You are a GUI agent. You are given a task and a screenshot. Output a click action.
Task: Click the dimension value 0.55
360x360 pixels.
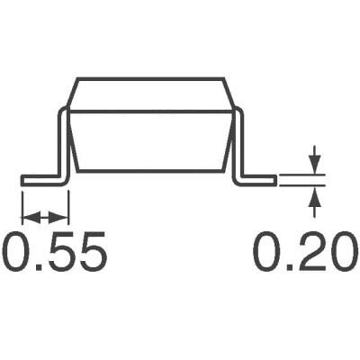click(55, 253)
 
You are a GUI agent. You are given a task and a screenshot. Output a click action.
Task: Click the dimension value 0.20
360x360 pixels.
click(301, 253)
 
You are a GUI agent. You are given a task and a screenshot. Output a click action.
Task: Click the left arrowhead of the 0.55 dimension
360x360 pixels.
click(26, 216)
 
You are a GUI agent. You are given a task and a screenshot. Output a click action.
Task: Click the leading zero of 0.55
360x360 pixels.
click(18, 253)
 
